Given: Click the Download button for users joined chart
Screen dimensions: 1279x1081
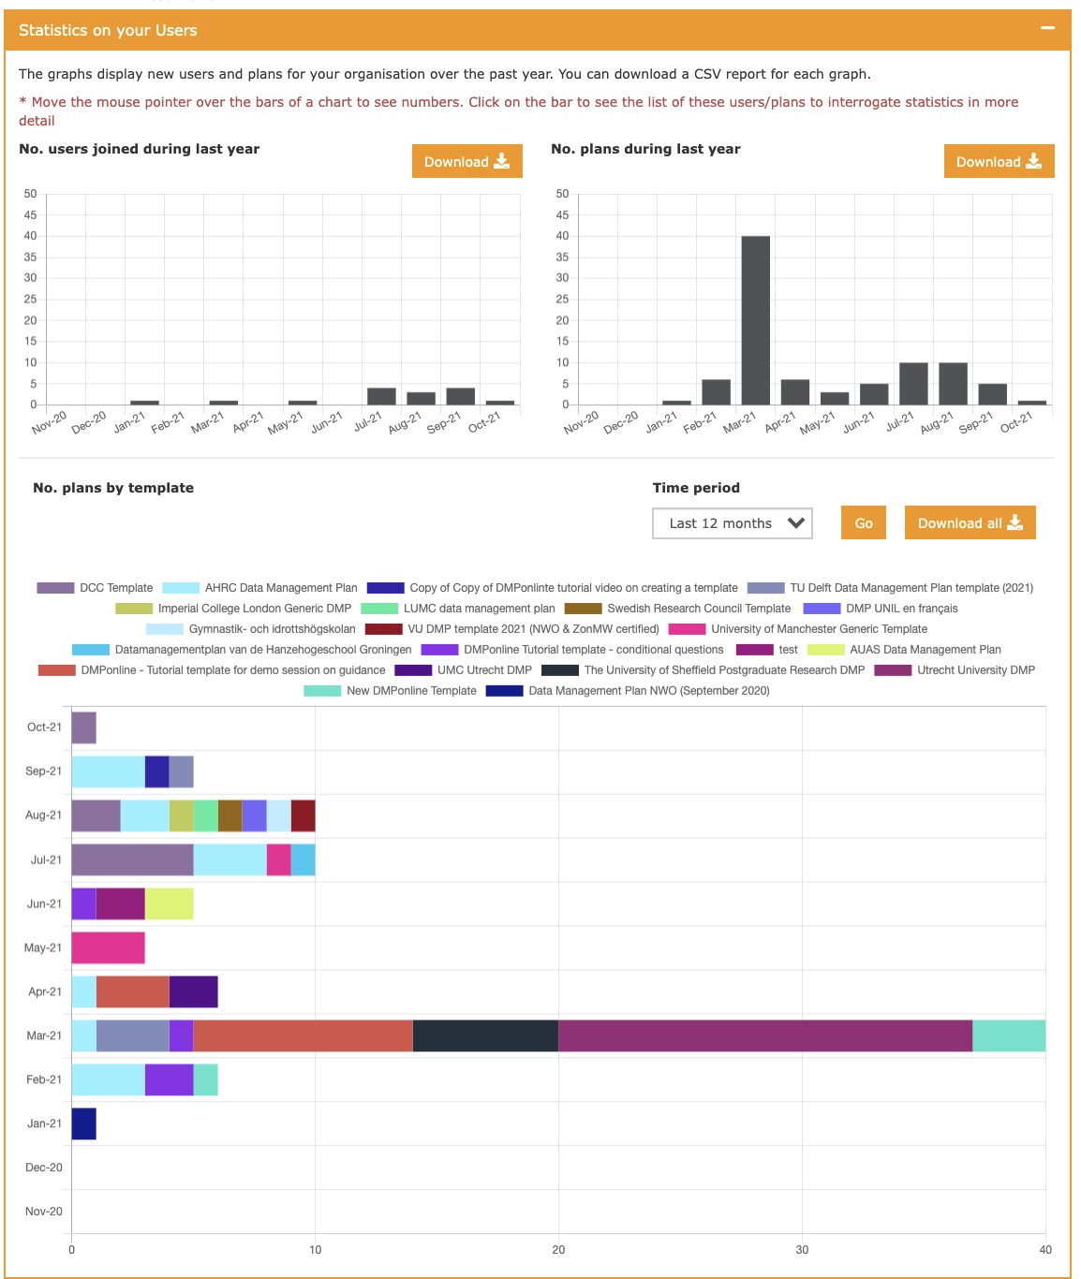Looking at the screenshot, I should [x=466, y=161].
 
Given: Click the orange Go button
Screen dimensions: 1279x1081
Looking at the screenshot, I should [x=863, y=523].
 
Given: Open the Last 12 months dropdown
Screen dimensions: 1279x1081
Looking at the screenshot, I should [x=732, y=523].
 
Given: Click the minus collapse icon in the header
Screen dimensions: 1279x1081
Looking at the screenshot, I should [x=1047, y=28].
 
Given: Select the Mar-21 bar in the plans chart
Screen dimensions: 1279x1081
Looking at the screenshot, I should [x=755, y=320].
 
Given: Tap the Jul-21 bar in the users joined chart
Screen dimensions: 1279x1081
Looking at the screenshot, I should [x=381, y=396].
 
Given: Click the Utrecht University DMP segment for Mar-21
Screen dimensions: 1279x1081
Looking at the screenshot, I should [x=764, y=1036].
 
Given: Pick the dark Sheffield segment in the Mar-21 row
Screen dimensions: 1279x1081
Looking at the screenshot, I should [x=485, y=1036].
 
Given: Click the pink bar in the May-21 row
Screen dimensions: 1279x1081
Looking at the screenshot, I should [x=108, y=948].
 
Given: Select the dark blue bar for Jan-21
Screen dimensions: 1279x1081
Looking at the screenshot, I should [x=83, y=1124].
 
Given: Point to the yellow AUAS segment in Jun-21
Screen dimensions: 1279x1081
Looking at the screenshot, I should [x=169, y=904].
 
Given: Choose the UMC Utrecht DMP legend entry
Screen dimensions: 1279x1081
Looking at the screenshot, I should [x=464, y=670].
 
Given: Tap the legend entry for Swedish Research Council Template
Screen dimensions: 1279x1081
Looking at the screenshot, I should [x=678, y=609].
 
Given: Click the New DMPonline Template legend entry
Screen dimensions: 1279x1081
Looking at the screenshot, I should [x=391, y=691].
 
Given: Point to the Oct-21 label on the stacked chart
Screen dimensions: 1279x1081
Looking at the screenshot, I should [x=44, y=728].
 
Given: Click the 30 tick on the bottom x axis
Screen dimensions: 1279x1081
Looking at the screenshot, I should [x=802, y=1250].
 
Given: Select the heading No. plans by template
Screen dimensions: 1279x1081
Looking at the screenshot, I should [x=113, y=488].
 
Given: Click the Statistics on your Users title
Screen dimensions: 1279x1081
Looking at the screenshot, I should [x=108, y=30].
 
